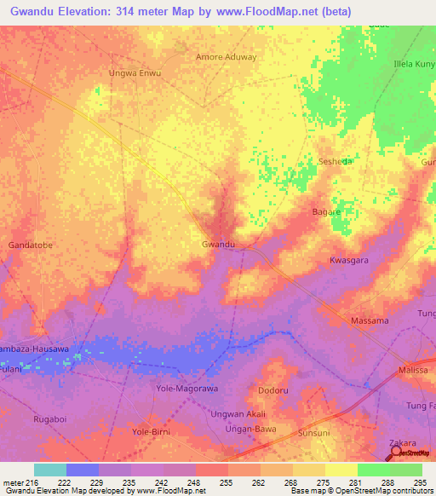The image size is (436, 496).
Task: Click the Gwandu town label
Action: pyautogui.click(x=218, y=245)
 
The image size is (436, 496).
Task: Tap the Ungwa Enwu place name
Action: pyautogui.click(x=135, y=73)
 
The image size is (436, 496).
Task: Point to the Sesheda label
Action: pyautogui.click(x=334, y=160)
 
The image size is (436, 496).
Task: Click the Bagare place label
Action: pyautogui.click(x=326, y=211)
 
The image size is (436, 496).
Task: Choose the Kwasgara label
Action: pyautogui.click(x=349, y=260)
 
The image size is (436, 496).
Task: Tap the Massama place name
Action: pyautogui.click(x=370, y=320)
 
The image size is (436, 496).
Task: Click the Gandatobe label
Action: pyautogui.click(x=31, y=245)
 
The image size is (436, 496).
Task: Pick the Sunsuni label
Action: pyautogui.click(x=314, y=433)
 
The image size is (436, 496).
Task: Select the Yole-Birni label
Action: pyautogui.click(x=152, y=432)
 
